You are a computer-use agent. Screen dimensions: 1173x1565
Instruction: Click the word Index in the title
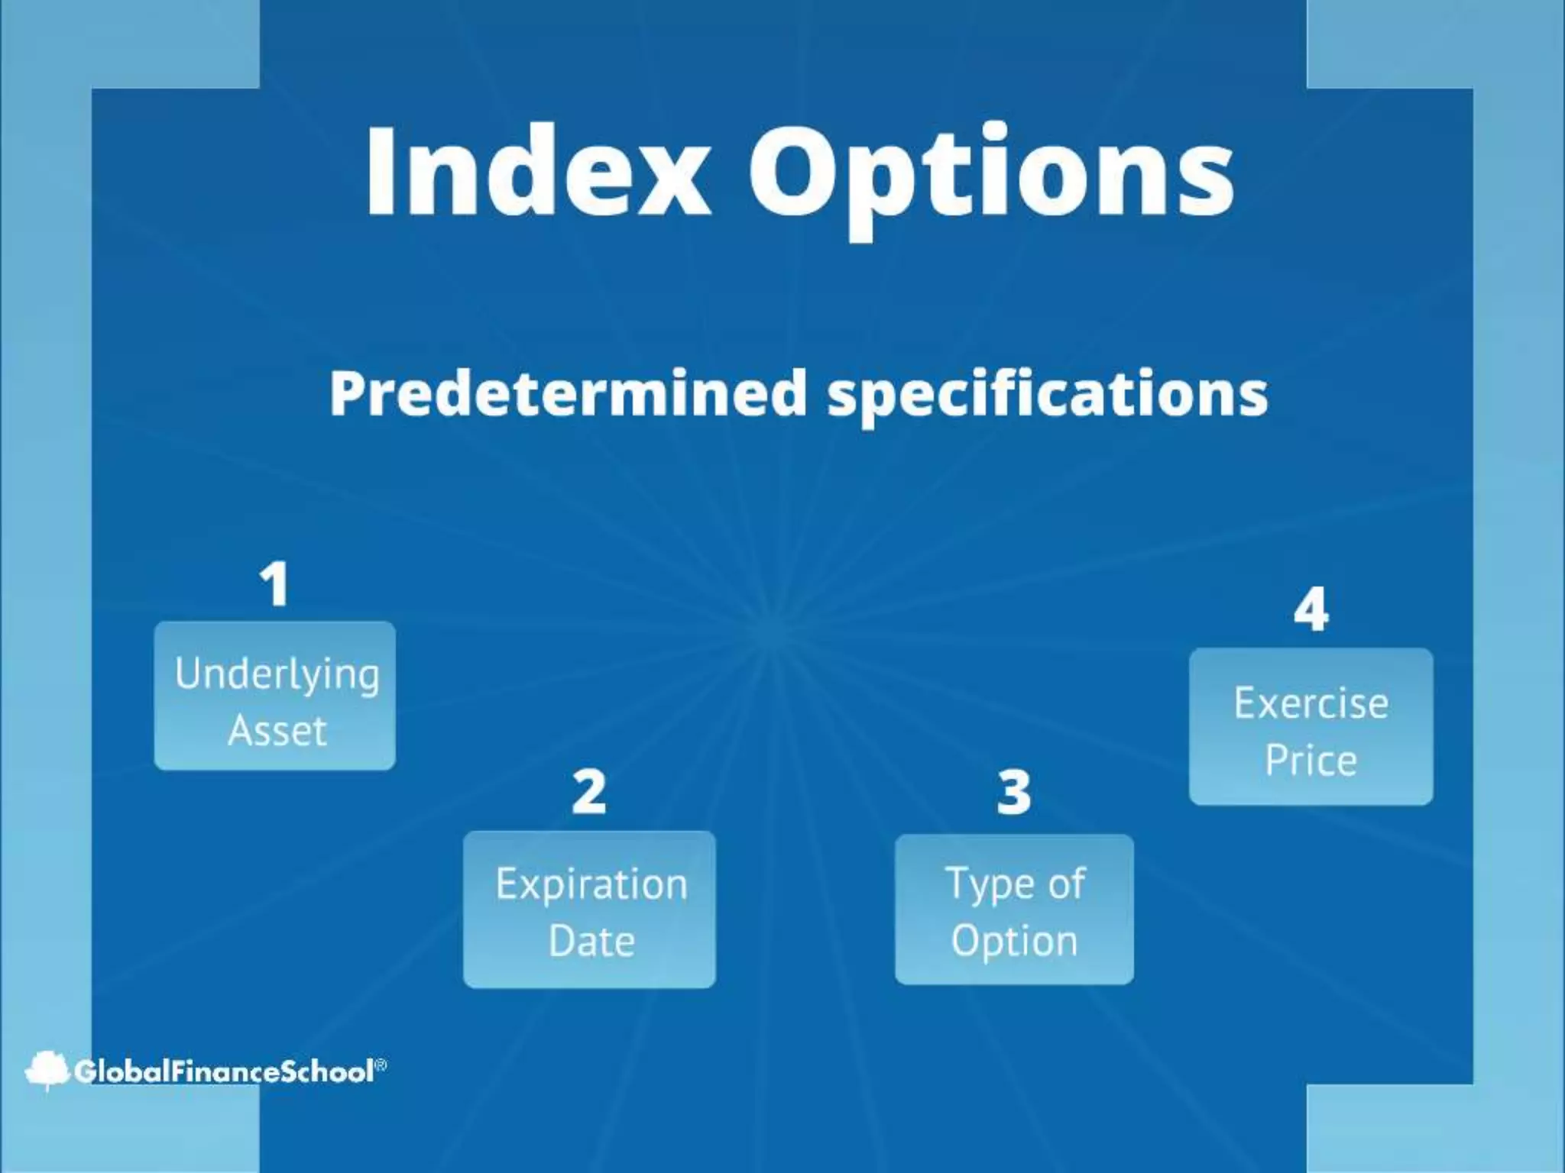535,172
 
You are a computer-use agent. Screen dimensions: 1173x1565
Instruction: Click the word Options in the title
990,176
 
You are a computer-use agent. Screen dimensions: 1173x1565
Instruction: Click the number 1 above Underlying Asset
274,584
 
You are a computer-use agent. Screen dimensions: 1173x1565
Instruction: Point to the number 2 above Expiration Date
589,792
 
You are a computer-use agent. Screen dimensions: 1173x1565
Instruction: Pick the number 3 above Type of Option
1014,792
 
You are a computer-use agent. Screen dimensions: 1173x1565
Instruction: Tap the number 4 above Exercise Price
1311,610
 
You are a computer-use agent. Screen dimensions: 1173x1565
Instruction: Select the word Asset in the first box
277,731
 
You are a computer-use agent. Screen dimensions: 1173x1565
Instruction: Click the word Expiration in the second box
591,885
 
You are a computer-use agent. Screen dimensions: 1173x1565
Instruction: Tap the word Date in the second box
591,941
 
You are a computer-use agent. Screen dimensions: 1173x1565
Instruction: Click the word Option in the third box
1015,940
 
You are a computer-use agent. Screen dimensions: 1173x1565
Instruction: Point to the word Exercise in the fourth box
1311,703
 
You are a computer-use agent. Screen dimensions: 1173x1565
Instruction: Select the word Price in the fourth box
1311,761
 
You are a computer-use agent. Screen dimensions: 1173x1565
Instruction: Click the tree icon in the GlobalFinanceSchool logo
47,1070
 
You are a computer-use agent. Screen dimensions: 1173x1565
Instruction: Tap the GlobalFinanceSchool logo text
224,1071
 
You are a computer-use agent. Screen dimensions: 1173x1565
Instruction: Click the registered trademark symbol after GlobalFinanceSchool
381,1064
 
